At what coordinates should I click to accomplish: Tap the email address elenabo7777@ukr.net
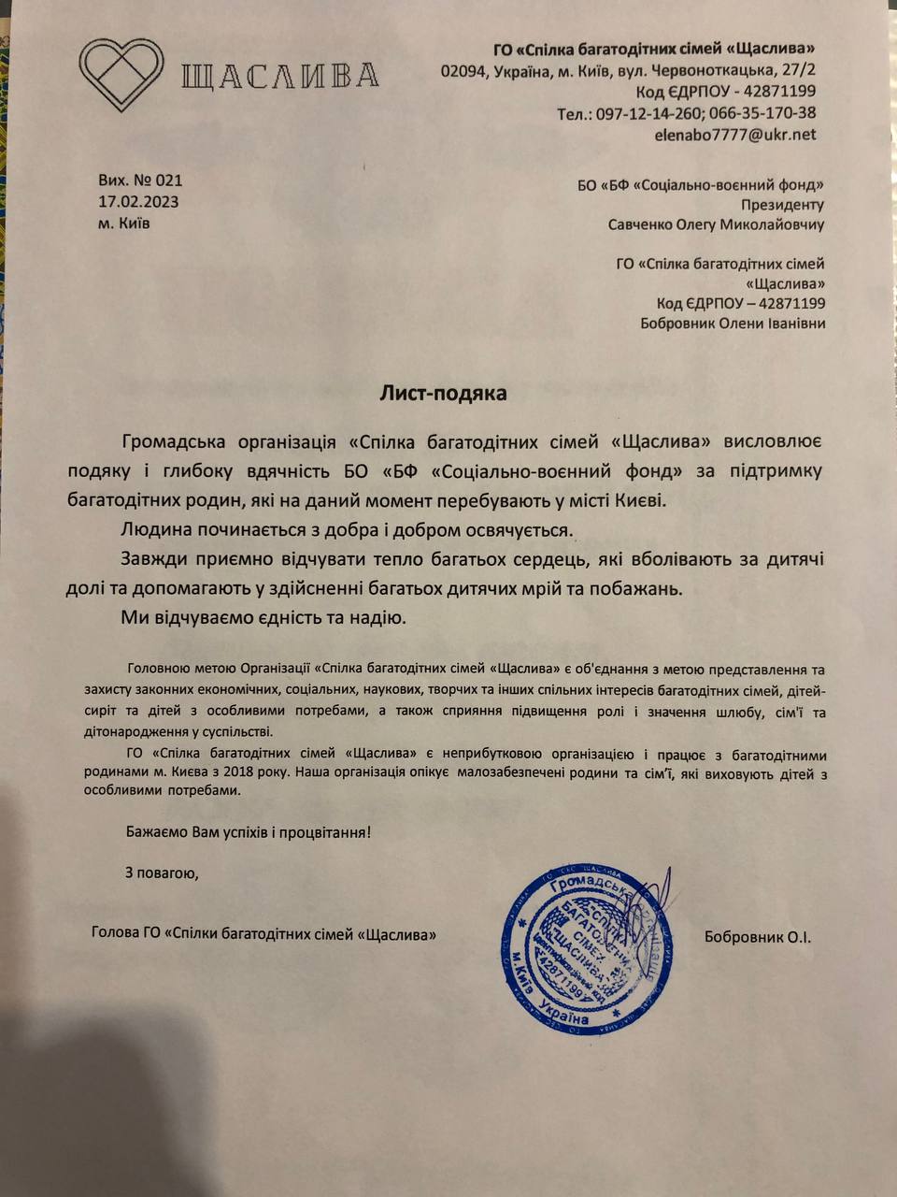click(735, 135)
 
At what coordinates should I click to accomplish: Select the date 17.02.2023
click(138, 202)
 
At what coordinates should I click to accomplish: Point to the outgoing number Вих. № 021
click(140, 180)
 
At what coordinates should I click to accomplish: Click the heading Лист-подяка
click(443, 393)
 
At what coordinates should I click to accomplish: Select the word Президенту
click(782, 205)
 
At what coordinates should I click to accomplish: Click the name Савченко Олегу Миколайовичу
click(716, 224)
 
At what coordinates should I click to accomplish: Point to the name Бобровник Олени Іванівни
click(733, 324)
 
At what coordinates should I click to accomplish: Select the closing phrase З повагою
click(162, 873)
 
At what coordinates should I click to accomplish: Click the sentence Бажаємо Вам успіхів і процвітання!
click(249, 830)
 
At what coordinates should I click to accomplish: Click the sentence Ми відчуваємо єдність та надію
click(263, 618)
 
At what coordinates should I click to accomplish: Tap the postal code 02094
click(463, 71)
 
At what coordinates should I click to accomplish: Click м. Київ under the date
click(123, 224)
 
